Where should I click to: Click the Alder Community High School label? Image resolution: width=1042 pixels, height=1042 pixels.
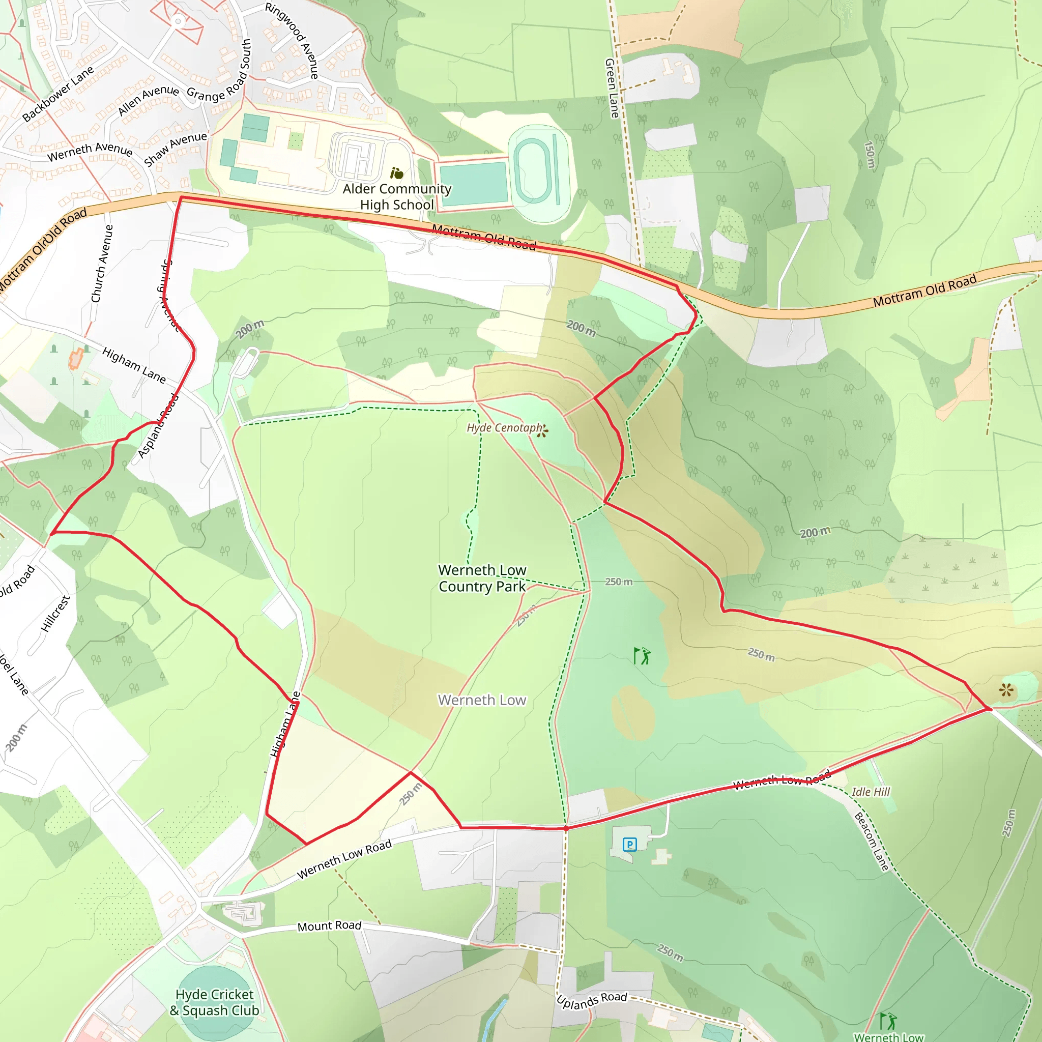click(397, 197)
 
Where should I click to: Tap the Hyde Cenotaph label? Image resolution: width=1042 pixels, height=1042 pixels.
click(504, 428)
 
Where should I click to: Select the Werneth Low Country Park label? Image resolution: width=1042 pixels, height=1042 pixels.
click(482, 578)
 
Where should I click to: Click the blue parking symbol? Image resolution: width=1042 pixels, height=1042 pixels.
click(629, 844)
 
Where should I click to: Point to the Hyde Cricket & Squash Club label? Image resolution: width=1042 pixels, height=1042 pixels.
click(215, 1002)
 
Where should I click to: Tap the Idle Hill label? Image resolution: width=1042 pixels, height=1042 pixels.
click(871, 792)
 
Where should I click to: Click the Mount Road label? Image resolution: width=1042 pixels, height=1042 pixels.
click(330, 926)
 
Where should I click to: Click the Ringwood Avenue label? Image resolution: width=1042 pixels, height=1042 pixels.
click(292, 41)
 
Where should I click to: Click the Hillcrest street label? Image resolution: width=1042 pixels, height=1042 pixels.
click(55, 614)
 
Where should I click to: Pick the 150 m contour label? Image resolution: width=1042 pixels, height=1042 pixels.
click(870, 154)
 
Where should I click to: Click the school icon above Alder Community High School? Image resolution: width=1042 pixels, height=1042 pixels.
click(397, 173)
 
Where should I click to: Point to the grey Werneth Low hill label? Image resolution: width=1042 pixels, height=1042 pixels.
click(482, 700)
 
